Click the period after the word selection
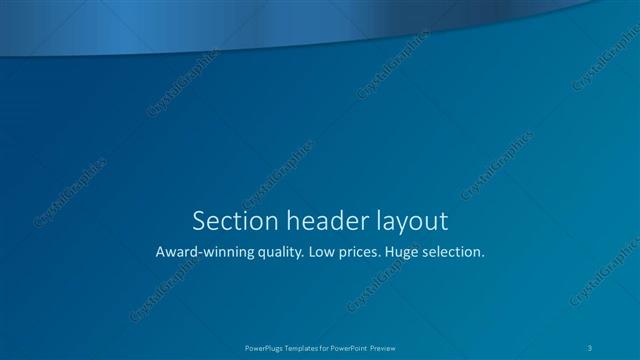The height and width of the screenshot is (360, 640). [x=484, y=257]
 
